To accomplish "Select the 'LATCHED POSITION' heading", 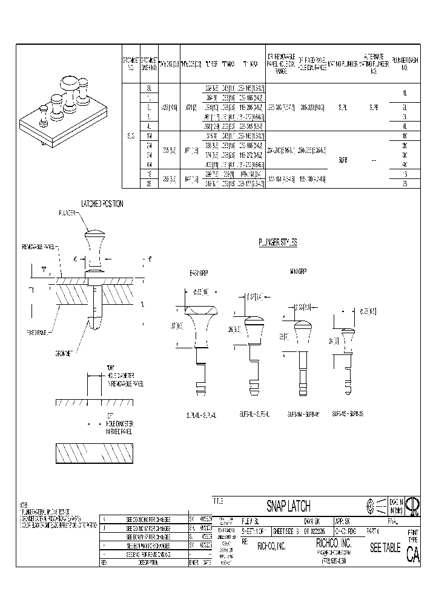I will (x=102, y=204).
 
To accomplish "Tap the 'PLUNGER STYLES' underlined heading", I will (x=278, y=242).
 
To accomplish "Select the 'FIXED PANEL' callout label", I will (x=38, y=333).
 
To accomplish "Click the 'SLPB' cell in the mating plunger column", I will (x=343, y=160).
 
